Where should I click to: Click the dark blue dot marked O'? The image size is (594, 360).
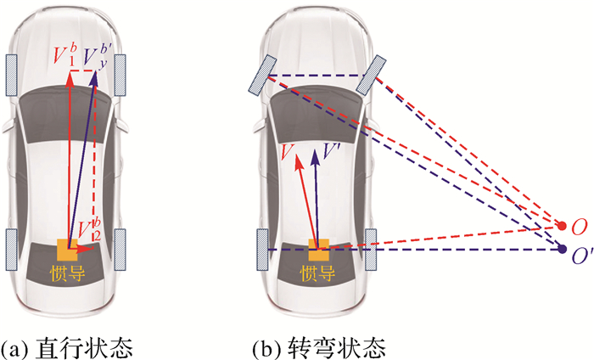coord(562,249)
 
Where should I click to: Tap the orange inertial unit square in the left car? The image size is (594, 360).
coord(67,250)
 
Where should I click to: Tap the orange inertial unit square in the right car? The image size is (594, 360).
coord(319,250)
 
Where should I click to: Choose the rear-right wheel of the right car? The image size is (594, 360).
coord(370,247)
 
